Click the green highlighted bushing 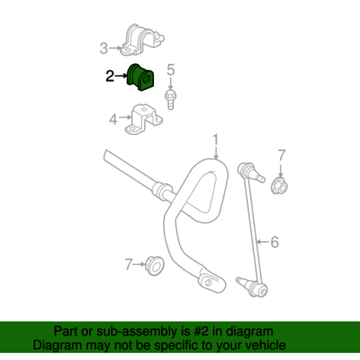(139, 77)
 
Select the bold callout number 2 (110, 76)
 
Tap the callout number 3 (103, 49)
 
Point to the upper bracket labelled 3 (142, 40)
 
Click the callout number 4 (113, 120)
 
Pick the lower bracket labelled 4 (143, 120)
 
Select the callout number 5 (170, 70)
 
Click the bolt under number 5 (170, 99)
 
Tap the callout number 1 (216, 141)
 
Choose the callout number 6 (274, 242)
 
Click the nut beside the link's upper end (279, 185)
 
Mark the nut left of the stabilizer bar (155, 265)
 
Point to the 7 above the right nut (282, 156)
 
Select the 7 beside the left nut (129, 265)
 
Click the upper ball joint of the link (250, 172)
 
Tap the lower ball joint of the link (253, 287)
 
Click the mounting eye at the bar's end (211, 281)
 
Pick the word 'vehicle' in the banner (266, 345)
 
